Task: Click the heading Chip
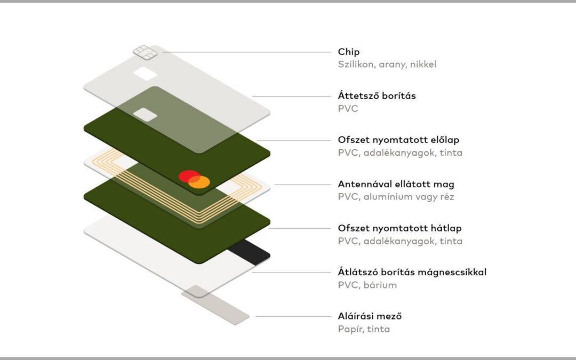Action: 349,52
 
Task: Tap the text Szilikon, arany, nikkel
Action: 387,65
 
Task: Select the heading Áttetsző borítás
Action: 377,96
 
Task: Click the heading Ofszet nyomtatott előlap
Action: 398,140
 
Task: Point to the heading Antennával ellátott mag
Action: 396,184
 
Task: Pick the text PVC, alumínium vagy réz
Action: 396,197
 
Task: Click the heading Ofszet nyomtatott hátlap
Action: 399,228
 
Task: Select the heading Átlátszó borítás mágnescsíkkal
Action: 412,272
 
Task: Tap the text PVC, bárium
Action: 367,285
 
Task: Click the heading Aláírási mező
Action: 370,316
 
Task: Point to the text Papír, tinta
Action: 364,329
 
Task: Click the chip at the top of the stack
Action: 145,52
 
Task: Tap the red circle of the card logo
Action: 189,177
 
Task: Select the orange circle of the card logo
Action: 199,182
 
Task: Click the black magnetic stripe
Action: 249,251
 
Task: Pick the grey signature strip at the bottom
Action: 215,305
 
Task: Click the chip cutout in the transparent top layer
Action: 145,74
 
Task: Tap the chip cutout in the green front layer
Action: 145,115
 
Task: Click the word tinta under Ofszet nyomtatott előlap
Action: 451,153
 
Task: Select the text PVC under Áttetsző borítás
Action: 348,109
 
